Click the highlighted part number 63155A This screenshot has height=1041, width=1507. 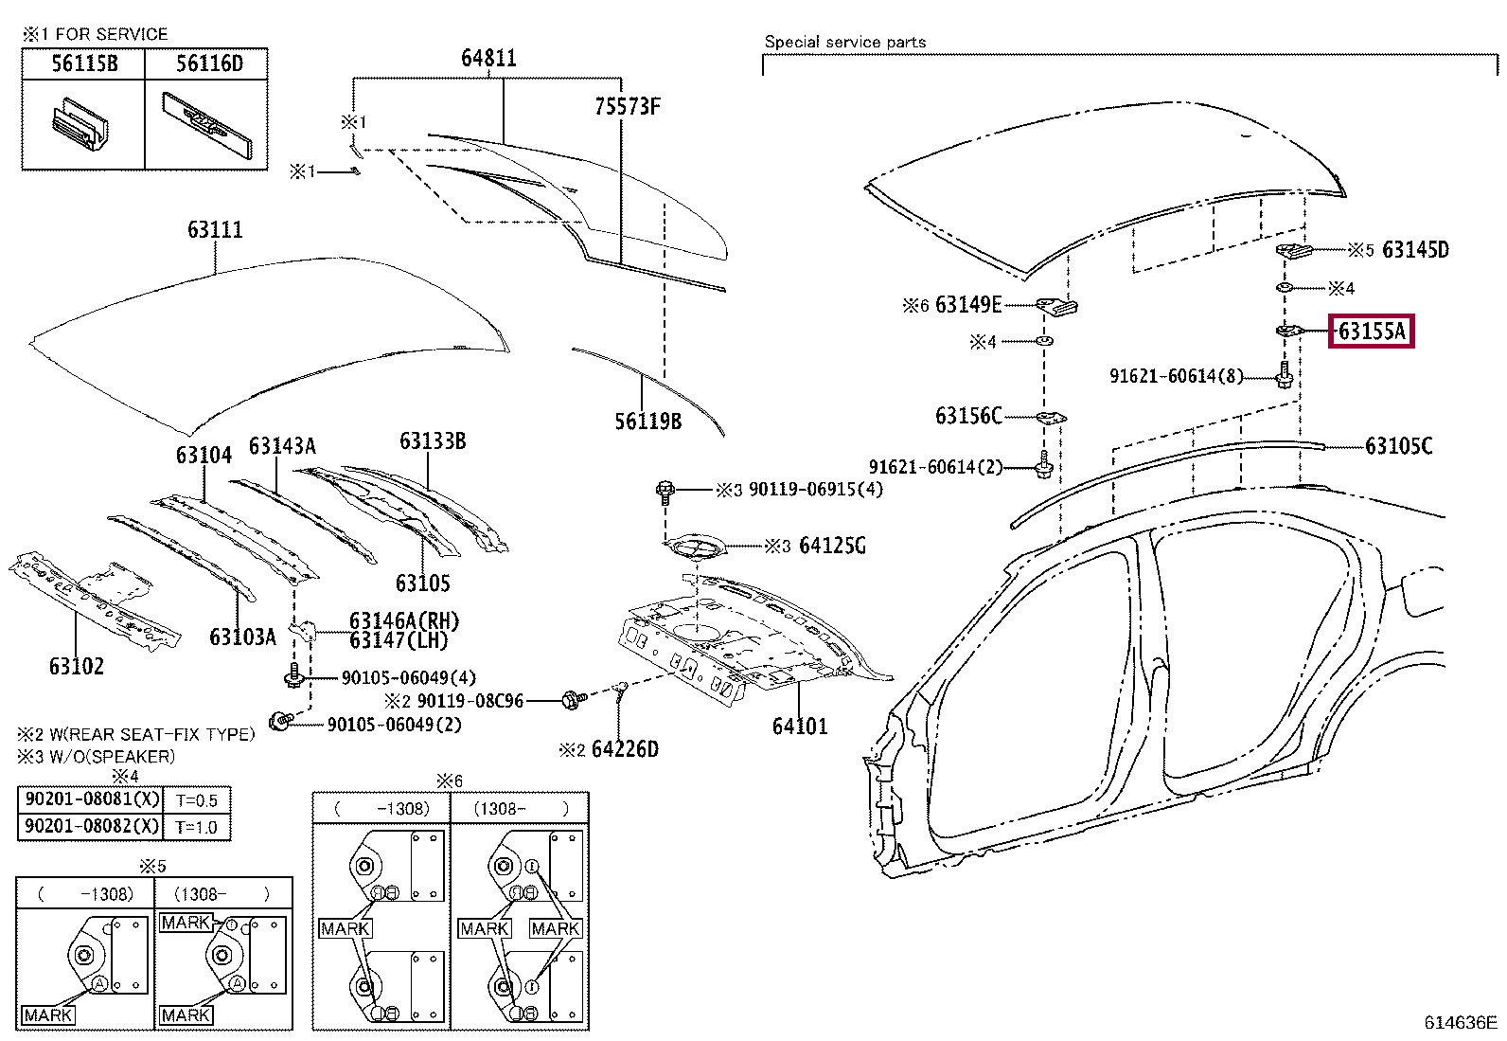(x=1371, y=332)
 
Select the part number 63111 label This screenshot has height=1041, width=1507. (x=215, y=229)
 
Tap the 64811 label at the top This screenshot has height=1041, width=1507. (x=489, y=59)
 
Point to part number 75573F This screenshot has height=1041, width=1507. (x=627, y=106)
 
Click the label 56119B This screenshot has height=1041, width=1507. (x=647, y=422)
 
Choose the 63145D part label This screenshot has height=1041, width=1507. (x=1415, y=250)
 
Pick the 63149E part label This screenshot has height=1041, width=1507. (x=968, y=305)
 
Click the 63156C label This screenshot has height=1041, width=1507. (x=968, y=416)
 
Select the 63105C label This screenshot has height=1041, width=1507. (x=1399, y=446)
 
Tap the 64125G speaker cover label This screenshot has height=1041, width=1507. (x=832, y=546)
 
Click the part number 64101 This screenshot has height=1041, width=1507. (x=800, y=726)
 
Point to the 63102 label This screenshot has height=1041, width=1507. (x=77, y=667)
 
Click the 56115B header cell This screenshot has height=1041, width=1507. (x=84, y=63)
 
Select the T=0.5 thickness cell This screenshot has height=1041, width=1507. (x=197, y=800)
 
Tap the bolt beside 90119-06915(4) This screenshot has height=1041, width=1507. (x=665, y=493)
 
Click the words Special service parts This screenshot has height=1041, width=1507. (x=845, y=42)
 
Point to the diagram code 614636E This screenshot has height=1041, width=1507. (x=1460, y=1022)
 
